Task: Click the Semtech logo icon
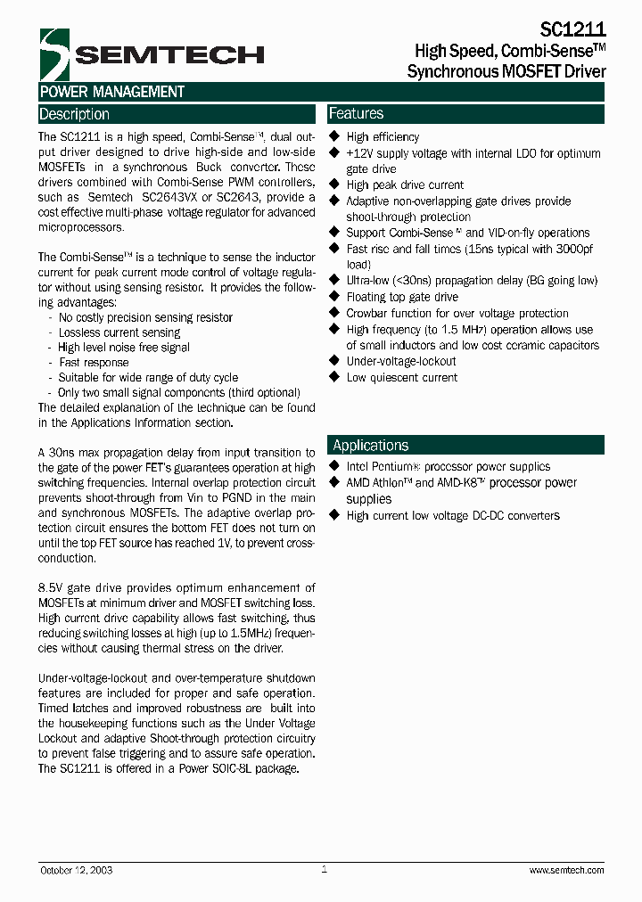point(55,54)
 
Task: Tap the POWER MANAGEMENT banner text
point(112,92)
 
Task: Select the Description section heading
point(75,114)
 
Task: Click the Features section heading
point(357,113)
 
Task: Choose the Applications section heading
point(370,446)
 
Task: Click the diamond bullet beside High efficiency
point(335,136)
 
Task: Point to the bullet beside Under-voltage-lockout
point(335,361)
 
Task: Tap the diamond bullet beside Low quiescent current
point(335,377)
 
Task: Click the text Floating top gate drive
point(402,297)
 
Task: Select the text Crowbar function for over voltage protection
point(457,313)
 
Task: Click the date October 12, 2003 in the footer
point(77,870)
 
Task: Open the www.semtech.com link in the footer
point(566,870)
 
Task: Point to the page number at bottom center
point(325,868)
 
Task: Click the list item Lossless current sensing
point(119,332)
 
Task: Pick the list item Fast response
point(94,363)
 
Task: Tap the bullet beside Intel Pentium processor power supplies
point(335,466)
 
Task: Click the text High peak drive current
point(405,184)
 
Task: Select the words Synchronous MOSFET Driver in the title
point(506,71)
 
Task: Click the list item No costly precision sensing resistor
point(145,317)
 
